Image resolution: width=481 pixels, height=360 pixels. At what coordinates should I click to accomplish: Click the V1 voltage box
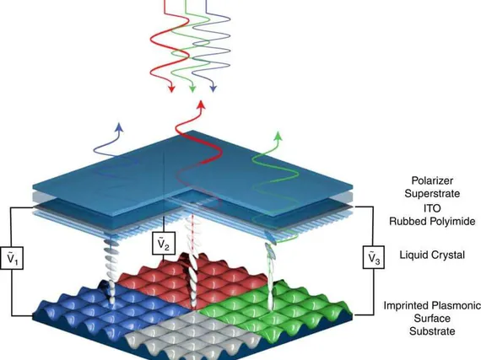(x=12, y=258)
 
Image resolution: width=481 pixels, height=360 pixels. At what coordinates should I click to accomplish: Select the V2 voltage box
(x=164, y=244)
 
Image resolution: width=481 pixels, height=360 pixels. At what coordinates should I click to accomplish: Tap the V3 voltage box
(x=374, y=257)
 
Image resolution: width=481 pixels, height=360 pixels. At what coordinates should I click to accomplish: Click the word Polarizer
(x=432, y=180)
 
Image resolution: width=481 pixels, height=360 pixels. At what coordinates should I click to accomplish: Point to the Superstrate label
(x=432, y=194)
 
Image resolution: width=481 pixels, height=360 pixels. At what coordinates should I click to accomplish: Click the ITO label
(x=432, y=208)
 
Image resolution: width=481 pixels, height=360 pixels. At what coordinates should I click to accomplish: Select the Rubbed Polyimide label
(x=432, y=221)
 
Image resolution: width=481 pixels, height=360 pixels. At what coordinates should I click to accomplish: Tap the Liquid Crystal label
(x=432, y=255)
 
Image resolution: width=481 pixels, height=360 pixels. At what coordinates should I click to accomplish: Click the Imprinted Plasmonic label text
(x=432, y=305)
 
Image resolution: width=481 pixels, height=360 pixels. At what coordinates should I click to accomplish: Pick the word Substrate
(x=432, y=331)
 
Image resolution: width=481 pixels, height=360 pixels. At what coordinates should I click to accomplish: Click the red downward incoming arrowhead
(x=172, y=89)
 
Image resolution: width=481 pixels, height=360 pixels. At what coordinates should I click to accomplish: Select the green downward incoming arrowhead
(x=192, y=89)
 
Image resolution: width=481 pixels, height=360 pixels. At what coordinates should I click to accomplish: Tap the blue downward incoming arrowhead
(x=213, y=89)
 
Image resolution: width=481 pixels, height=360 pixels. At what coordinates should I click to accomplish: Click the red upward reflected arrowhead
(x=201, y=105)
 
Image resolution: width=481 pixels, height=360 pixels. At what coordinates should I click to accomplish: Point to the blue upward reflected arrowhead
(x=119, y=127)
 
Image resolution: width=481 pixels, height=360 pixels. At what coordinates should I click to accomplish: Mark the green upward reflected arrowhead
(x=278, y=136)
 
